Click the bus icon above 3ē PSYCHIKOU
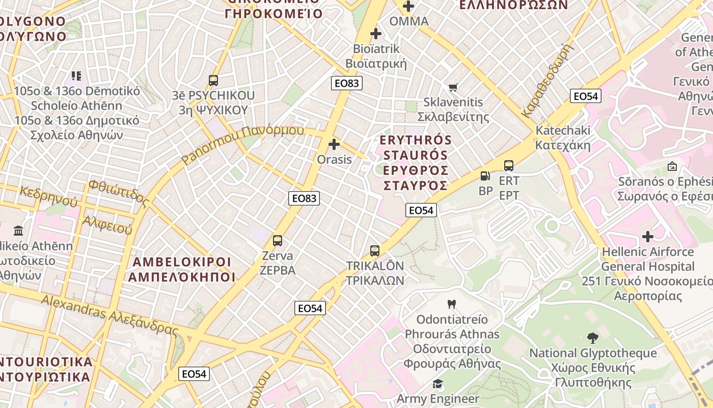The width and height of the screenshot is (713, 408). (213, 81)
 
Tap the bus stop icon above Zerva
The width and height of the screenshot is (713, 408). (278, 241)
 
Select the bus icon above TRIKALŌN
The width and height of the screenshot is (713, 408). (375, 251)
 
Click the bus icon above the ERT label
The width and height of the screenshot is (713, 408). (509, 166)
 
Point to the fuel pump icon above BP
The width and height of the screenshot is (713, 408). (485, 176)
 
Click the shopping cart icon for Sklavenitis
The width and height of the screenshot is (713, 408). (453, 88)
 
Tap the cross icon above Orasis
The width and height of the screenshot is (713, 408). (334, 145)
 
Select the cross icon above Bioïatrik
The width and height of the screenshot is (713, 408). (376, 34)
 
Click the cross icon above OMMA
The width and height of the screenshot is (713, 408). (408, 7)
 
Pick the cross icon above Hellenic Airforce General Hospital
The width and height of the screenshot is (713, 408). (648, 237)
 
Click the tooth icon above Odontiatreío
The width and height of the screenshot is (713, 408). (451, 304)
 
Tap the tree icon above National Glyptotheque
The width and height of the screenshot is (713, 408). (592, 338)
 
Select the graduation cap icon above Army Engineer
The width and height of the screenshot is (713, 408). (437, 384)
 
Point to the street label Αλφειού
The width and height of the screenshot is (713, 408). (107, 225)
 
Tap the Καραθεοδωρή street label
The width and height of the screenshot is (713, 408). (547, 81)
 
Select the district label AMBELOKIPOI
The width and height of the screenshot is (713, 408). (182, 262)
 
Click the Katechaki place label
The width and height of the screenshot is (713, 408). (563, 131)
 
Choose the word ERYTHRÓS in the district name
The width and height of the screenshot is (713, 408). (416, 140)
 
